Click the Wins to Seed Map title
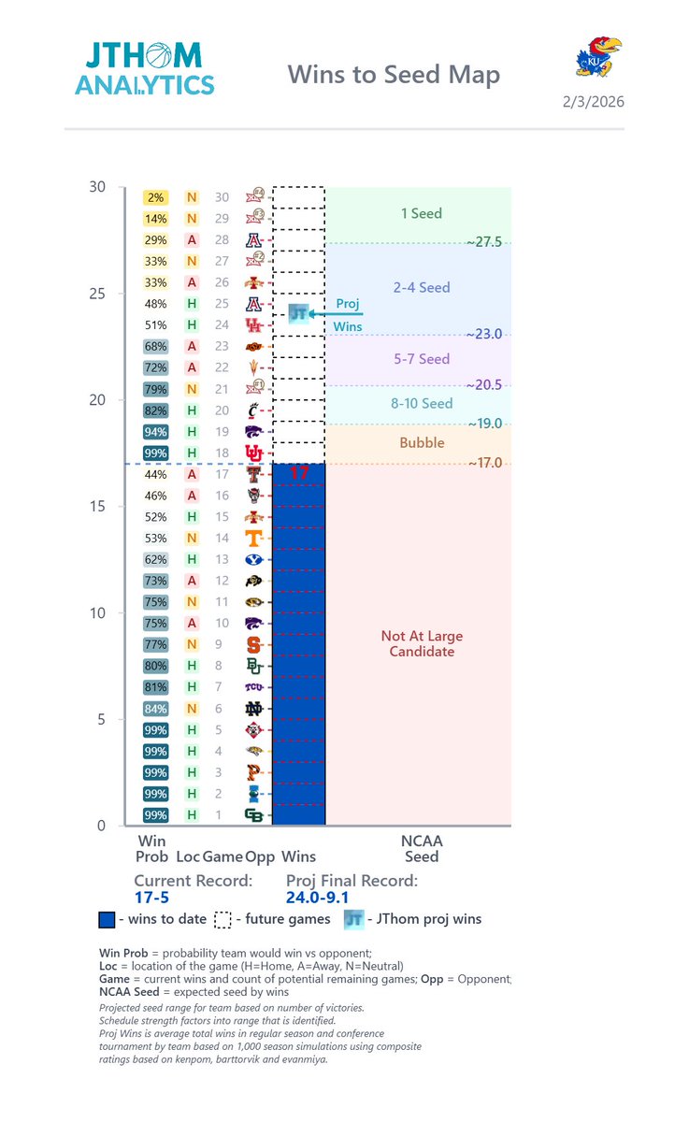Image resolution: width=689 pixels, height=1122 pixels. click(x=393, y=75)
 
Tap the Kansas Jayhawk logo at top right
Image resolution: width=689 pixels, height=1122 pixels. click(x=598, y=56)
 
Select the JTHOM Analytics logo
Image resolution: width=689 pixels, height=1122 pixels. click(x=144, y=67)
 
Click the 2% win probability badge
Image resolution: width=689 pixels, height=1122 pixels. click(x=155, y=197)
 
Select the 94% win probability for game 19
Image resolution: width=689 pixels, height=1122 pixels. click(x=155, y=432)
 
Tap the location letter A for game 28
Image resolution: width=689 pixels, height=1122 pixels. click(x=192, y=240)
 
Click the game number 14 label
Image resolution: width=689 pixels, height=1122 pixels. click(x=222, y=539)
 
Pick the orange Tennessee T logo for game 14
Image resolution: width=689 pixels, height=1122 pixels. click(x=253, y=539)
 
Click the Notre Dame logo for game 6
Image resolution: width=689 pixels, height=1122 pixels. click(x=253, y=709)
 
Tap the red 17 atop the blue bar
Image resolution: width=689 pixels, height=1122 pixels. click(x=298, y=473)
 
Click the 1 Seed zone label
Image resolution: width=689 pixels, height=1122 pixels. click(x=421, y=213)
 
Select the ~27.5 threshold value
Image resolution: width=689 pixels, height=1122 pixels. click(x=484, y=242)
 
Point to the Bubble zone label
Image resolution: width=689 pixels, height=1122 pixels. click(x=422, y=443)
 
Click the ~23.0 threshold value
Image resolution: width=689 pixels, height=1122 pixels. click(x=484, y=334)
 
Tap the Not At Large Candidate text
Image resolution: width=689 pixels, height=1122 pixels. click(x=422, y=643)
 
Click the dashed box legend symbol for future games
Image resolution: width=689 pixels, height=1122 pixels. click(x=222, y=919)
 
